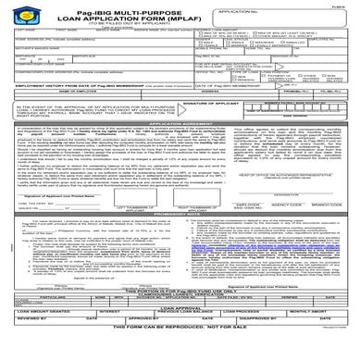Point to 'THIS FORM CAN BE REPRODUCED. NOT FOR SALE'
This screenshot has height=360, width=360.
(x=180, y=354)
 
